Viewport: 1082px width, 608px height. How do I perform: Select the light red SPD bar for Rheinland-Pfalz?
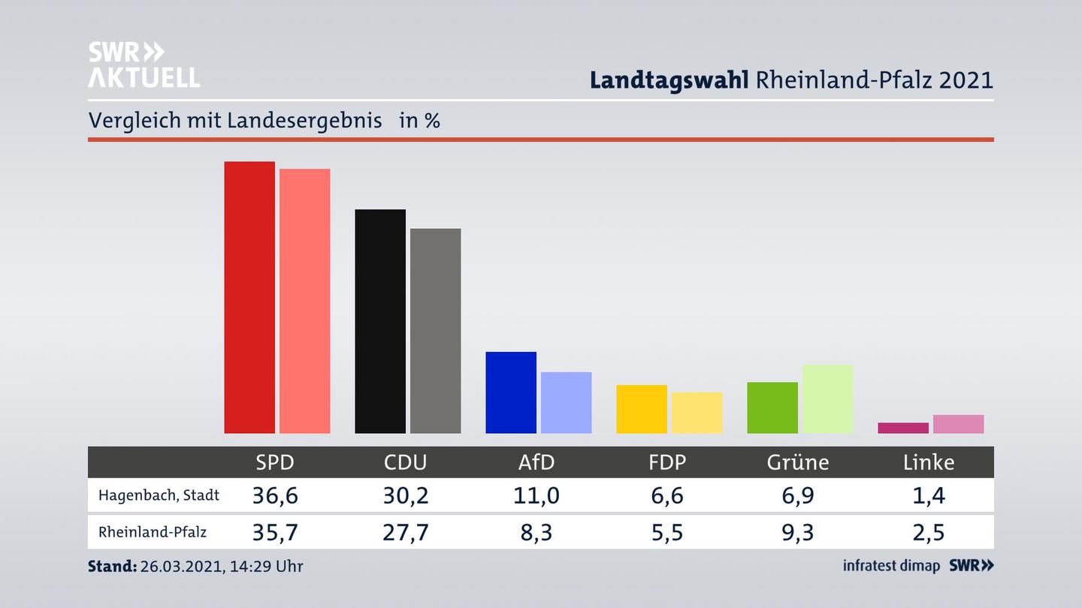[x=304, y=301]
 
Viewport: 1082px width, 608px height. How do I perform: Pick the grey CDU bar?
[x=435, y=330]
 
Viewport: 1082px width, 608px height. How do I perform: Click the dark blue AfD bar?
[x=511, y=393]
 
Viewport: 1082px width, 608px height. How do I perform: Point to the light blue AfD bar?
[x=566, y=402]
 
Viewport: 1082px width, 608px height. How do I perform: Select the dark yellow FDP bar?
[x=642, y=409]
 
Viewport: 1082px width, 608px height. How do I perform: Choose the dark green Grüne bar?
[x=772, y=408]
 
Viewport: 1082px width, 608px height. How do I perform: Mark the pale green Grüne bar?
[x=827, y=399]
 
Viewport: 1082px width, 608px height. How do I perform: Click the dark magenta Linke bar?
[x=903, y=428]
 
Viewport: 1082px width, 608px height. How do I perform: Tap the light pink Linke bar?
[x=958, y=424]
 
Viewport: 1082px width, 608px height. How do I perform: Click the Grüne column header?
[x=798, y=462]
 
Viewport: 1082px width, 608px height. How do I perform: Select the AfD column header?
[x=536, y=462]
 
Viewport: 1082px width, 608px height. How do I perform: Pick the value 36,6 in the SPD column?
[x=275, y=495]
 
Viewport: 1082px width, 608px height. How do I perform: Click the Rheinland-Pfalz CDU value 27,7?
[x=406, y=532]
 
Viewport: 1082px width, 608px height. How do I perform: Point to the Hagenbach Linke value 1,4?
[x=929, y=495]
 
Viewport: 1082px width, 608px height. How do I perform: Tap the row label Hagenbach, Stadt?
[x=159, y=495]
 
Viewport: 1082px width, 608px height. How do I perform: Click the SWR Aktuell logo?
[x=144, y=65]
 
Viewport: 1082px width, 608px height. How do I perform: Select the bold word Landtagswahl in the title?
[x=669, y=80]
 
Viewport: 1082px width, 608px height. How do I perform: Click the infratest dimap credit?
[x=891, y=566]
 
